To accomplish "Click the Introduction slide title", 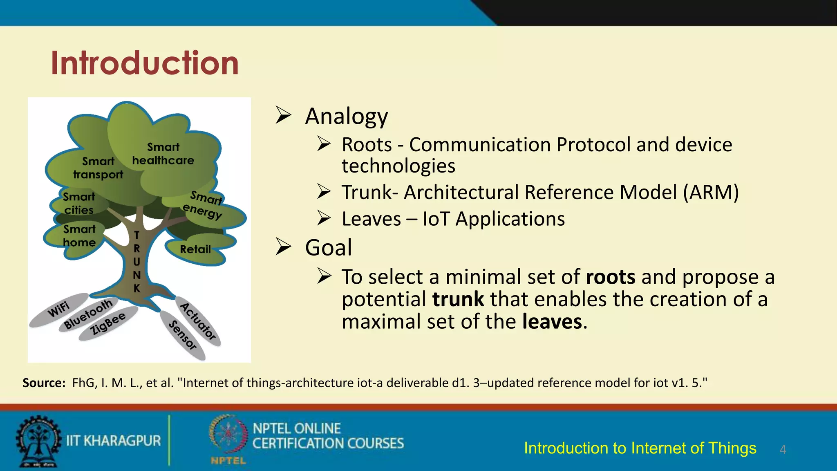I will (145, 63).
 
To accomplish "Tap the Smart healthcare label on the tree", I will (163, 154).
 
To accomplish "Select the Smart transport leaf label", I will (98, 168).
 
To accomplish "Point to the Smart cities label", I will (79, 203).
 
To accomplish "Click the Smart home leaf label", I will (79, 236).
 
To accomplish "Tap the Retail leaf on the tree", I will (195, 249).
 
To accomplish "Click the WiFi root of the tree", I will (59, 310).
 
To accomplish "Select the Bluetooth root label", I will (88, 314).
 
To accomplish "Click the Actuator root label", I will (198, 322).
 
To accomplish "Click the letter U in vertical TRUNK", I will (137, 262).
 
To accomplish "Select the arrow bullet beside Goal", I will (283, 247).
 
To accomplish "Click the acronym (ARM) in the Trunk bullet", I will (711, 192).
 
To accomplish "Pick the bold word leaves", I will (552, 321).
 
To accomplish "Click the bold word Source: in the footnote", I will (44, 383).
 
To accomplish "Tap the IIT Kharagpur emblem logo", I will (38, 441).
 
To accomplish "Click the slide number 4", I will (783, 450).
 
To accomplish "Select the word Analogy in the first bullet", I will (347, 116).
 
